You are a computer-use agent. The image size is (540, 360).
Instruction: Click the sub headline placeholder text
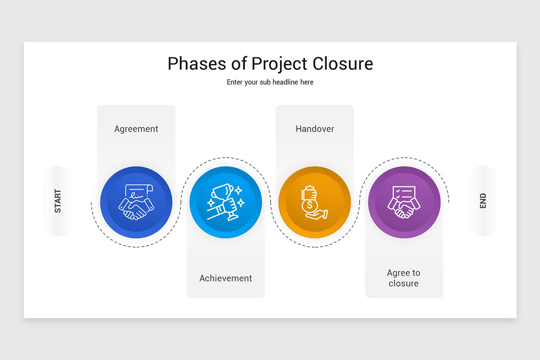270,82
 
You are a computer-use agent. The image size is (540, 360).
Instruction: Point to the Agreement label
136,129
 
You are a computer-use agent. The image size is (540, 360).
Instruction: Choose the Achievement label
226,278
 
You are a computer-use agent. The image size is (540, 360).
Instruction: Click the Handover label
315,129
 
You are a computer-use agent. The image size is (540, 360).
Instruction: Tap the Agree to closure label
404,278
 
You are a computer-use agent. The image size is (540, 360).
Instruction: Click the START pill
58,201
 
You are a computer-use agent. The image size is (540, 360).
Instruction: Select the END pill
483,201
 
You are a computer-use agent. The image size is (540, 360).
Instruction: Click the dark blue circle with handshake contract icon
136,202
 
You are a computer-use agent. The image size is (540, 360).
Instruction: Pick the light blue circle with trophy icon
226,202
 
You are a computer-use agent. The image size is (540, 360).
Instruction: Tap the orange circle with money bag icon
315,202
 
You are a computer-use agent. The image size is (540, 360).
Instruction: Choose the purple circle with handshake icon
404,202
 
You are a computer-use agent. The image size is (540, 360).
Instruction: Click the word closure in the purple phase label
404,283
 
